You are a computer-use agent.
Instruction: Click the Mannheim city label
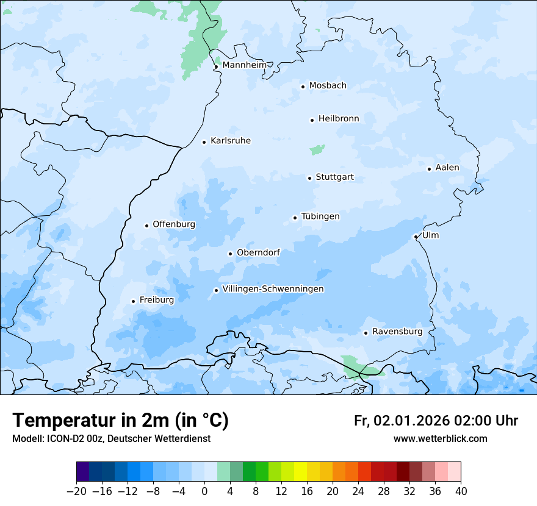point(245,65)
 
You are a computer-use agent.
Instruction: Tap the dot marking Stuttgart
point(309,178)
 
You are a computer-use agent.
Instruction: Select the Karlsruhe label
point(231,141)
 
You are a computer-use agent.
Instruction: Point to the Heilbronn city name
point(339,119)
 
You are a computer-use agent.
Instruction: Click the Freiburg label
point(157,300)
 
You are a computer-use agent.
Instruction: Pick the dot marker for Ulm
point(416,237)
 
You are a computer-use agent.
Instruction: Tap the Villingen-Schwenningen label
point(273,289)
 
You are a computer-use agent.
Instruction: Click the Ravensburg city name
point(397,332)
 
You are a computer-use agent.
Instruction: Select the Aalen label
point(447,168)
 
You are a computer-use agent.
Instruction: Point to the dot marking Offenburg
point(146,226)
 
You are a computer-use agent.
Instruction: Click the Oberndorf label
point(258,252)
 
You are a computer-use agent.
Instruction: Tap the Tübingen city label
point(320,216)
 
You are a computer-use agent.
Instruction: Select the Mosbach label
point(328,86)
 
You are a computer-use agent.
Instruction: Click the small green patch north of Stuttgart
point(317,149)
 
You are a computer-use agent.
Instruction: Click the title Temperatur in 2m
point(120,421)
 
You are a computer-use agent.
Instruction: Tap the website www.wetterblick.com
point(440,439)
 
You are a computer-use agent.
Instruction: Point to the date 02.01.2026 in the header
point(412,421)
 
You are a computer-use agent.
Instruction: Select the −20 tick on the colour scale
point(76,491)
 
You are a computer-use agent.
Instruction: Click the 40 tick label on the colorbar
point(461,491)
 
